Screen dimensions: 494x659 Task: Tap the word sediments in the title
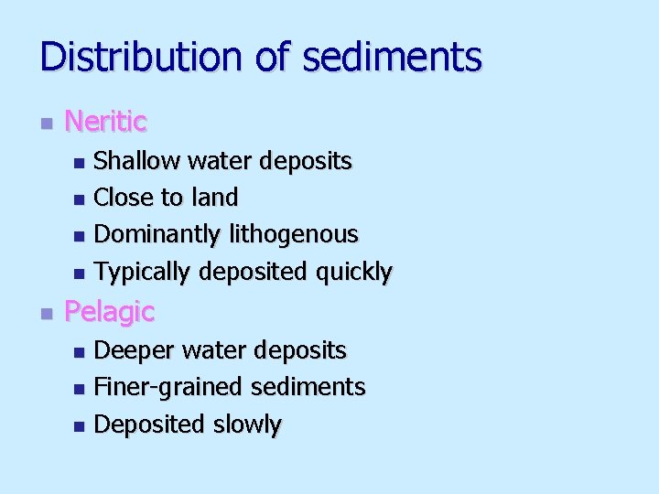coord(392,56)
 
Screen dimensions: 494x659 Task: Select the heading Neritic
coord(106,121)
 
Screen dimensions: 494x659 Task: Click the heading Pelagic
coord(109,312)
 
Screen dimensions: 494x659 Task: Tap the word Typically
coord(143,273)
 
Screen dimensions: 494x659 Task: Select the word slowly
coord(247,424)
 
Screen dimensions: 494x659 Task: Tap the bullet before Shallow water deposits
coord(79,163)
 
